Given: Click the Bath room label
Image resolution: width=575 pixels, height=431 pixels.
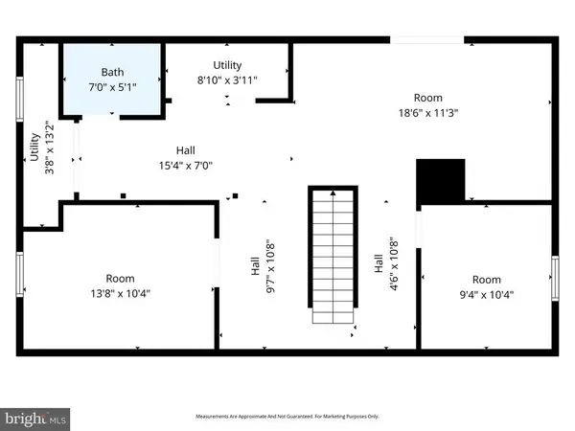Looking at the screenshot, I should pos(113,72).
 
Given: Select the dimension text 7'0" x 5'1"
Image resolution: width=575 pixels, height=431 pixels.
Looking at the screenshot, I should pos(113,85).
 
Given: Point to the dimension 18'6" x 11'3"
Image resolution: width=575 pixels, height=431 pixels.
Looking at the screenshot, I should pos(427,112).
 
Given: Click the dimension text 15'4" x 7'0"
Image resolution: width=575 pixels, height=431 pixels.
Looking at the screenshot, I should pos(187,165).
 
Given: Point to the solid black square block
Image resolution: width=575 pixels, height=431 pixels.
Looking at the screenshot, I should pos(440,182).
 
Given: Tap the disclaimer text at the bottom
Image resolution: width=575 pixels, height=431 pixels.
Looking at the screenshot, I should pos(287,417).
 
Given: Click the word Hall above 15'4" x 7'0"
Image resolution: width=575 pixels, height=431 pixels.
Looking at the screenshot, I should pos(187,150).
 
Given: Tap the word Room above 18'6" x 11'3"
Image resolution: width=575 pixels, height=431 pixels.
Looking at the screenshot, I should pos(427,98).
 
